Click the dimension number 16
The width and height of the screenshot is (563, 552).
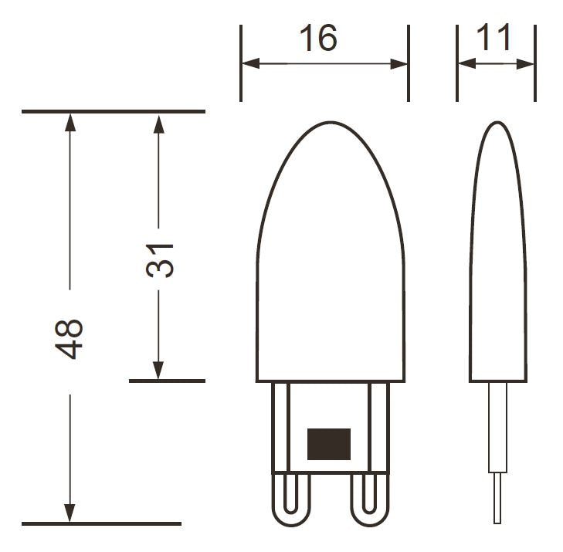pyautogui.click(x=318, y=38)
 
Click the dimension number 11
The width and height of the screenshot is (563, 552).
pyautogui.click(x=493, y=37)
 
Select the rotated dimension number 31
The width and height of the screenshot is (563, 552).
pyautogui.click(x=160, y=260)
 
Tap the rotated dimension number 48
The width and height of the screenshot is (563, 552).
pyautogui.click(x=69, y=339)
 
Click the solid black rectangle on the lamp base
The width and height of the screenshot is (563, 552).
pyautogui.click(x=329, y=444)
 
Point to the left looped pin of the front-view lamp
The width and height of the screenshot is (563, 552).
pyautogui.click(x=291, y=500)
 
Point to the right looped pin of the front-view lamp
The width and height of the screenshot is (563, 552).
pyautogui.click(x=369, y=500)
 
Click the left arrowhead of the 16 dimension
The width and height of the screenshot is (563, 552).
pyautogui.click(x=251, y=63)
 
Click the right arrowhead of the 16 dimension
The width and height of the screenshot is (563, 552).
pyautogui.click(x=399, y=64)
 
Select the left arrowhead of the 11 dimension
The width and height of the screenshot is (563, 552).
pyautogui.click(x=466, y=63)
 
